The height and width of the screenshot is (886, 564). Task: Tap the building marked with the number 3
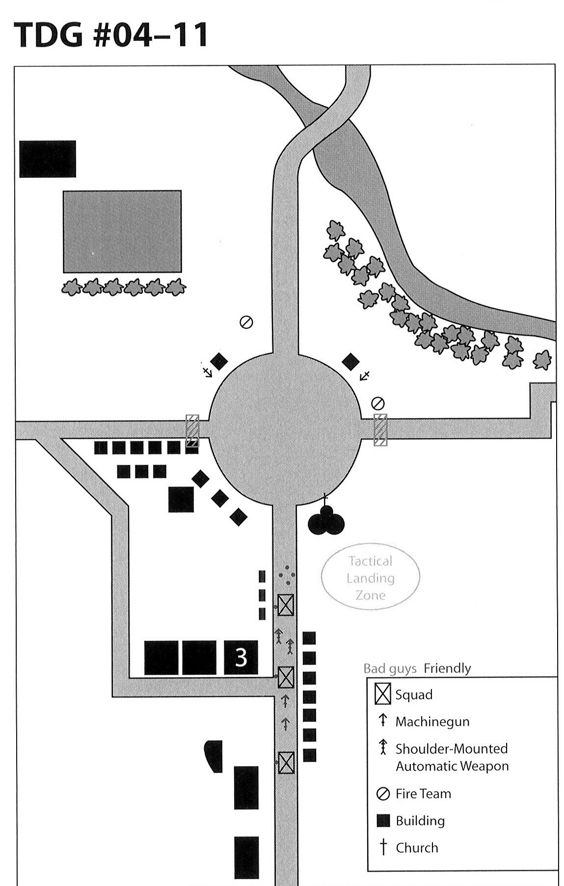click(241, 657)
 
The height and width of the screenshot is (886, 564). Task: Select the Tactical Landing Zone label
click(371, 578)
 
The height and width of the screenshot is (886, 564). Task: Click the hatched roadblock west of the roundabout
click(192, 430)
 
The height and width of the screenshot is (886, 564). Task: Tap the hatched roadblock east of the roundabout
click(380, 430)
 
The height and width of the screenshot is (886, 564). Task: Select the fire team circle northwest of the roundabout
click(246, 322)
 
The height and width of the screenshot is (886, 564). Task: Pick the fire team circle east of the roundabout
click(378, 403)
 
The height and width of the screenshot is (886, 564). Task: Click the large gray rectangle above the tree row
click(122, 231)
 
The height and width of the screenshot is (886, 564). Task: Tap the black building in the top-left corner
click(48, 159)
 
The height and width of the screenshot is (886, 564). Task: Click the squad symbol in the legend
click(382, 694)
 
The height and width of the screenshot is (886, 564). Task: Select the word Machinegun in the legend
click(432, 722)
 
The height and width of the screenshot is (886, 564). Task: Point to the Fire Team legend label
click(423, 794)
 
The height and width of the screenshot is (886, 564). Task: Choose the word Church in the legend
click(417, 848)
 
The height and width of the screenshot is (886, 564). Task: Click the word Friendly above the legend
click(447, 668)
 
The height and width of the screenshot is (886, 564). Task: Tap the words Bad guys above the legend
click(390, 669)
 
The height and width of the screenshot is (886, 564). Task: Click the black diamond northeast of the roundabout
click(350, 361)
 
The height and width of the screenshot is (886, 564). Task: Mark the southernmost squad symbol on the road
click(286, 762)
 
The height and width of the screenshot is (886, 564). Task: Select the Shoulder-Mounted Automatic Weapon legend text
click(452, 757)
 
